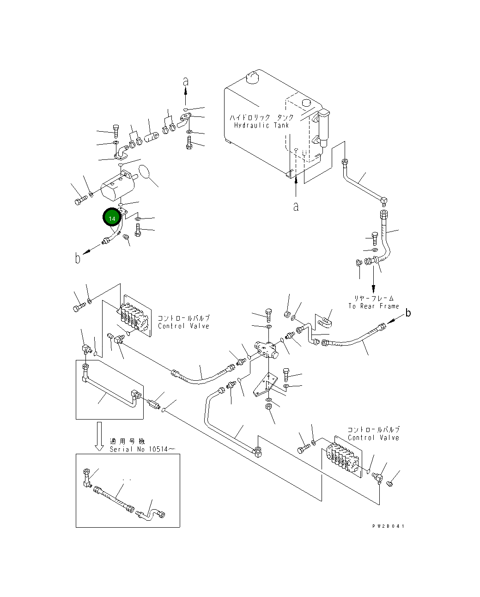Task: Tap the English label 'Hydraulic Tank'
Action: [261, 125]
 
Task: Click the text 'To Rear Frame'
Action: [374, 306]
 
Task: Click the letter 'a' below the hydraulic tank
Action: [296, 207]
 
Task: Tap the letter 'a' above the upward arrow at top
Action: [186, 82]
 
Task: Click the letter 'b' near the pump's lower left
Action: [78, 258]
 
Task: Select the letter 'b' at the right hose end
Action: [408, 313]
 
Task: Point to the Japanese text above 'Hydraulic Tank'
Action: [261, 117]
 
